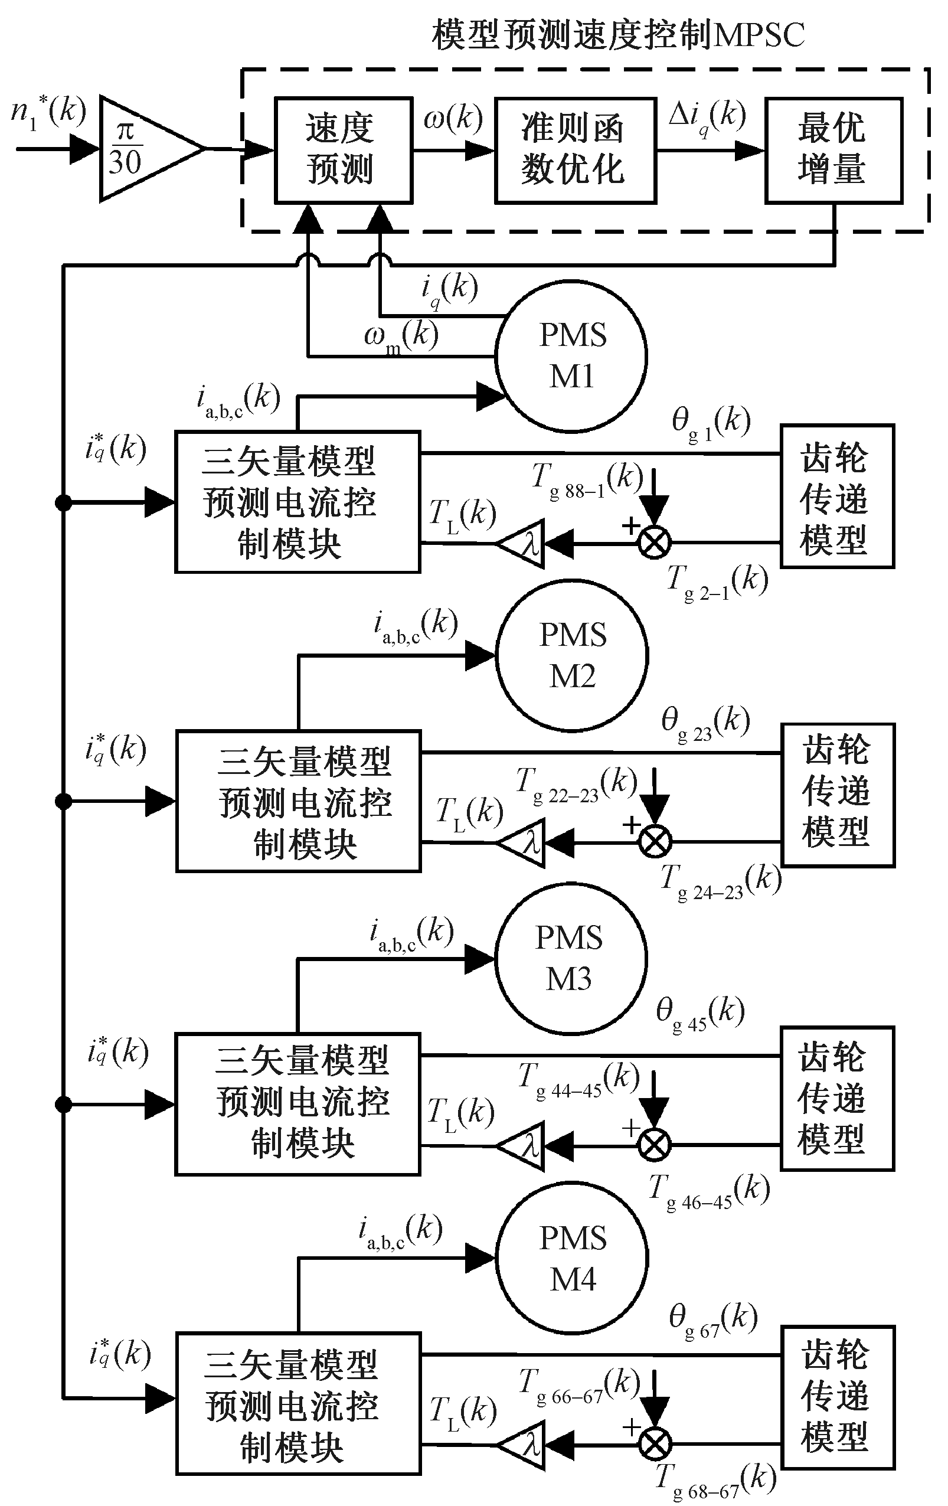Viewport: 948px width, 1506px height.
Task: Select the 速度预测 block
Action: pyautogui.click(x=344, y=150)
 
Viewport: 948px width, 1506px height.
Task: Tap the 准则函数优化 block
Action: pyautogui.click(x=575, y=150)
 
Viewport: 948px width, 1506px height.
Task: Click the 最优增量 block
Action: pyautogui.click(x=833, y=150)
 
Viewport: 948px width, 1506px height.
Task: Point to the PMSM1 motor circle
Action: pyautogui.click(x=571, y=356)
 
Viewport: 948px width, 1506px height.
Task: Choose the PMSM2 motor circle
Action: pyautogui.click(x=571, y=655)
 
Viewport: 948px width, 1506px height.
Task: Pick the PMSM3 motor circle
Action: pyautogui.click(x=570, y=958)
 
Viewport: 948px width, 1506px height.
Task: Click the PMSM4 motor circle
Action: pyautogui.click(x=571, y=1258)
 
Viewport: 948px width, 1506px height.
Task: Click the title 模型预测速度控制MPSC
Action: pyautogui.click(x=618, y=34)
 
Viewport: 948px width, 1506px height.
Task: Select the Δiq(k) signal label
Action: pyautogui.click(x=707, y=117)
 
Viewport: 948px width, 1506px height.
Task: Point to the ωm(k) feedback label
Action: pyautogui.click(x=400, y=338)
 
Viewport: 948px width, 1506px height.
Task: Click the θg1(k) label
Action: pyautogui.click(x=711, y=423)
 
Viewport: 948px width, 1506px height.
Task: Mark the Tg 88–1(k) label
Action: pyautogui.click(x=587, y=481)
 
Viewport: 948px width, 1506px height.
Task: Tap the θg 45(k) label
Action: pyautogui.click(x=699, y=1013)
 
